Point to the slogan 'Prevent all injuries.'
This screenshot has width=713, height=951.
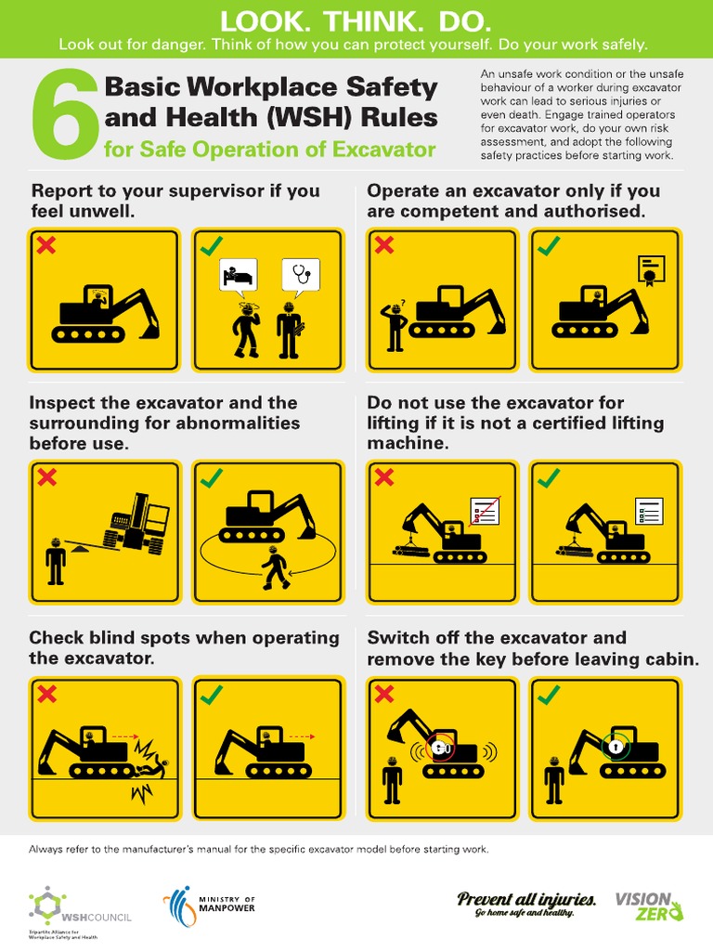pos(526,898)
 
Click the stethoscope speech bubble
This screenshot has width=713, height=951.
pos(300,275)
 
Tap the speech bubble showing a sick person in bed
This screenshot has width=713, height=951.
pos(237,276)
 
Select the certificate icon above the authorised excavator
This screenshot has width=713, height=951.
pos(650,269)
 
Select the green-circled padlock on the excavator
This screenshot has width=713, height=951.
pos(614,745)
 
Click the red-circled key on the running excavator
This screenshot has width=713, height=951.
pos(444,748)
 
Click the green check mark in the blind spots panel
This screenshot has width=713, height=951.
pos(212,695)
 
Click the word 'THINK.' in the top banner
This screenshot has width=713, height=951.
pos(357,20)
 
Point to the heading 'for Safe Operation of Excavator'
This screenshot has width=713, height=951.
pos(270,149)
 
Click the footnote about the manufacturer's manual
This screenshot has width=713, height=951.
pos(258,849)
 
